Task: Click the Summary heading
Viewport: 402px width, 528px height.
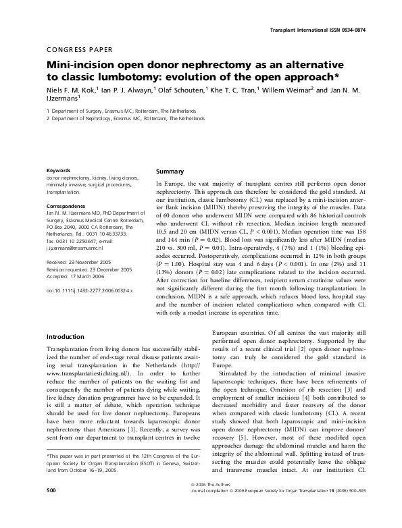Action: [170, 172]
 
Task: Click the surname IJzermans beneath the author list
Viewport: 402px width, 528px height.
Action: [61, 99]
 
